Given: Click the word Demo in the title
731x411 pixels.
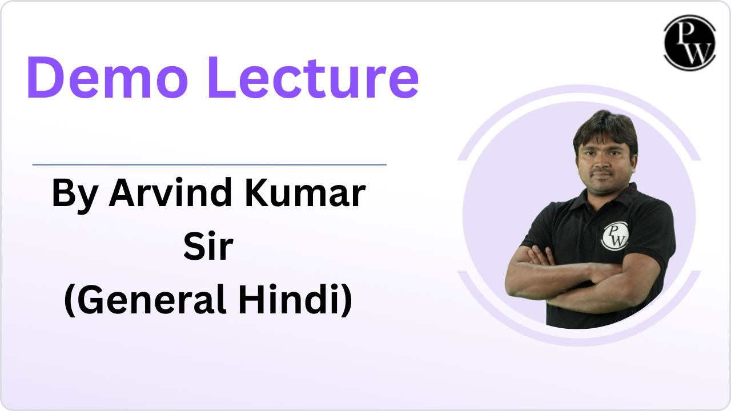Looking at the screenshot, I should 107,77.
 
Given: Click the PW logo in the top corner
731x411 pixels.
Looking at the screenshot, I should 689,43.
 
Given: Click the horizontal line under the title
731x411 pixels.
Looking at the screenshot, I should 209,164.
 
